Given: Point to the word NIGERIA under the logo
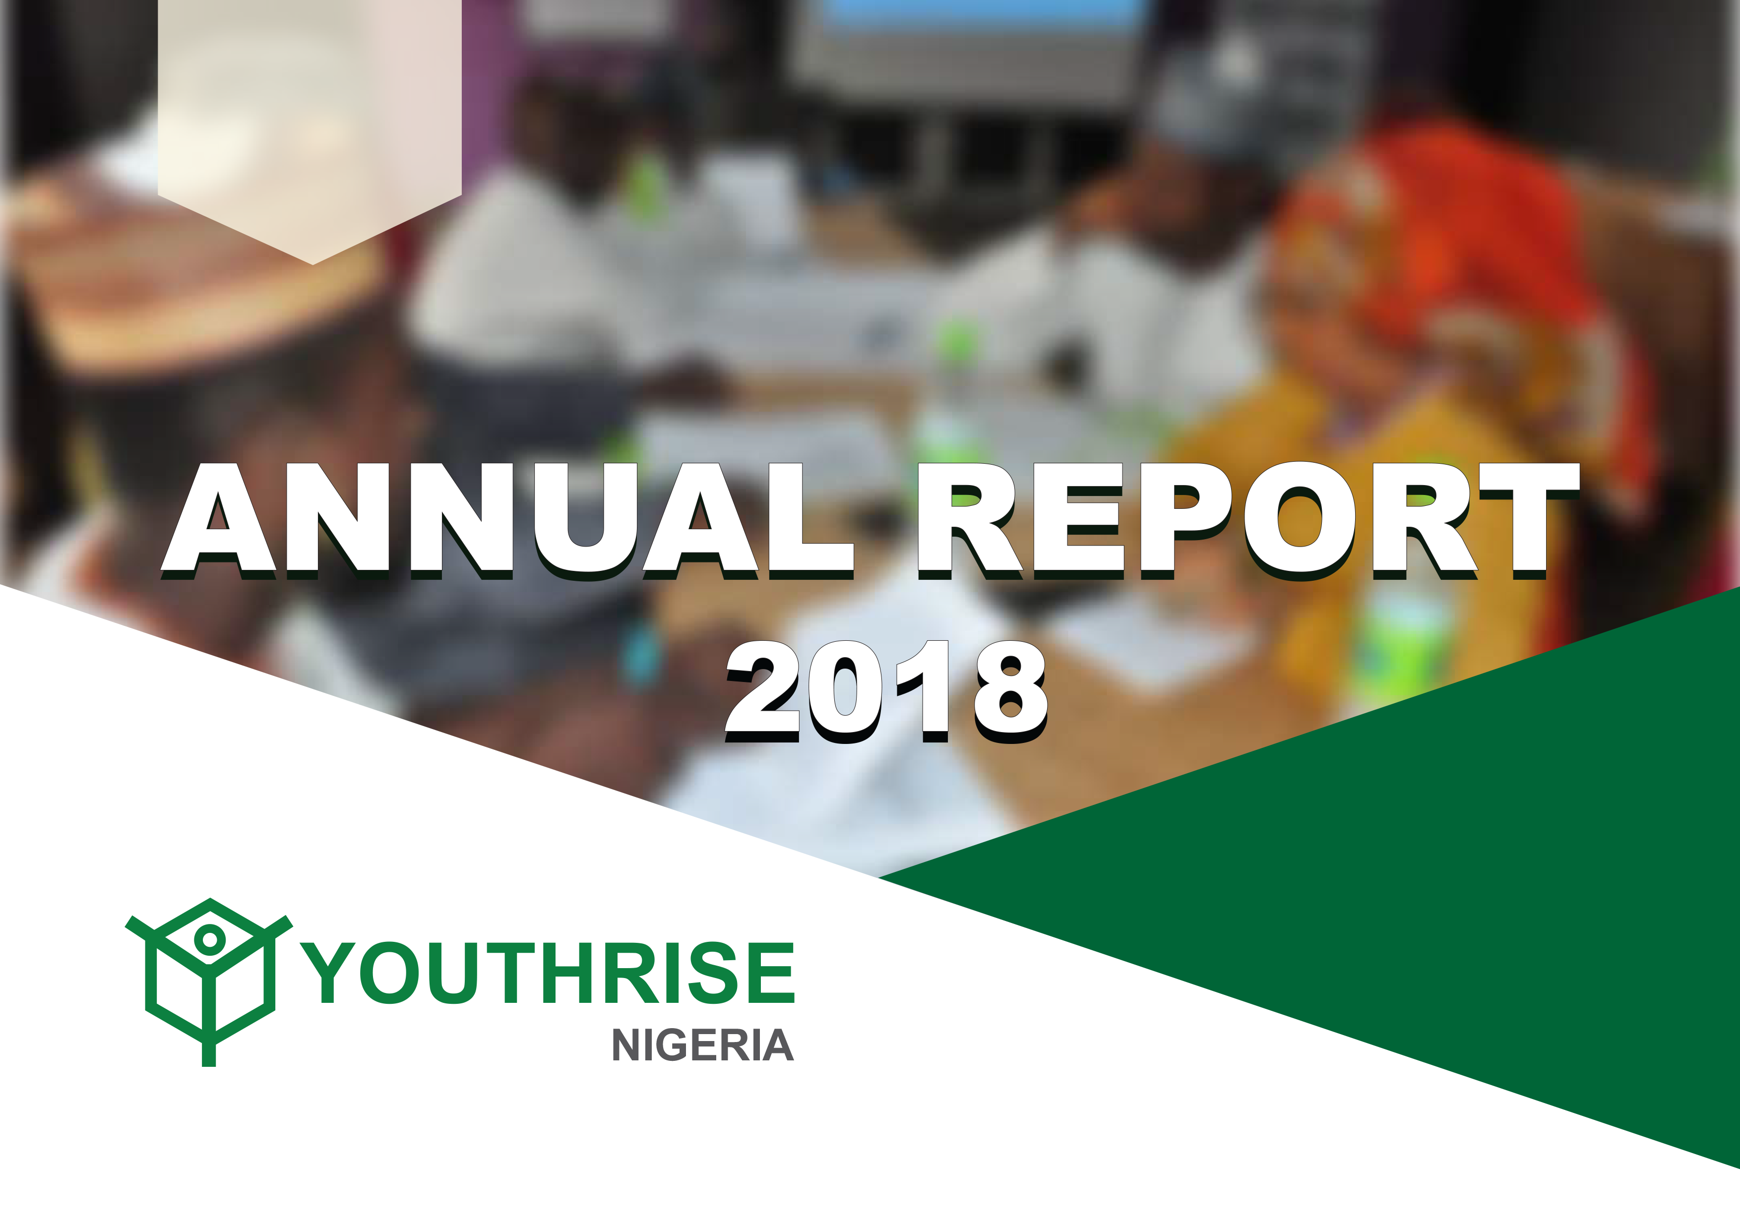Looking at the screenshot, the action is (x=702, y=1046).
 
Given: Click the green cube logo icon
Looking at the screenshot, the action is (x=209, y=982).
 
